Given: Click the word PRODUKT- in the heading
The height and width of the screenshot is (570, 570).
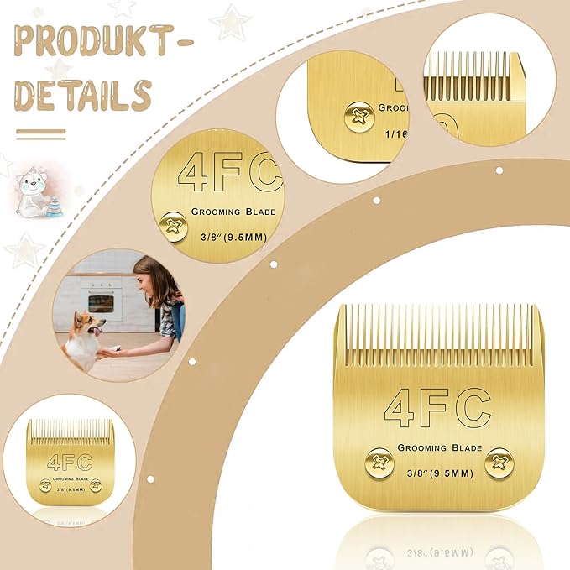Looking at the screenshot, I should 102,40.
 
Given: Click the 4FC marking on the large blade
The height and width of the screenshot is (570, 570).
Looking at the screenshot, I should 437,408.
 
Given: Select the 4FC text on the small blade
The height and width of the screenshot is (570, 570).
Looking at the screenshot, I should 65,461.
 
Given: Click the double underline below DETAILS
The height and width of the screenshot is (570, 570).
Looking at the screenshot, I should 40,133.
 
